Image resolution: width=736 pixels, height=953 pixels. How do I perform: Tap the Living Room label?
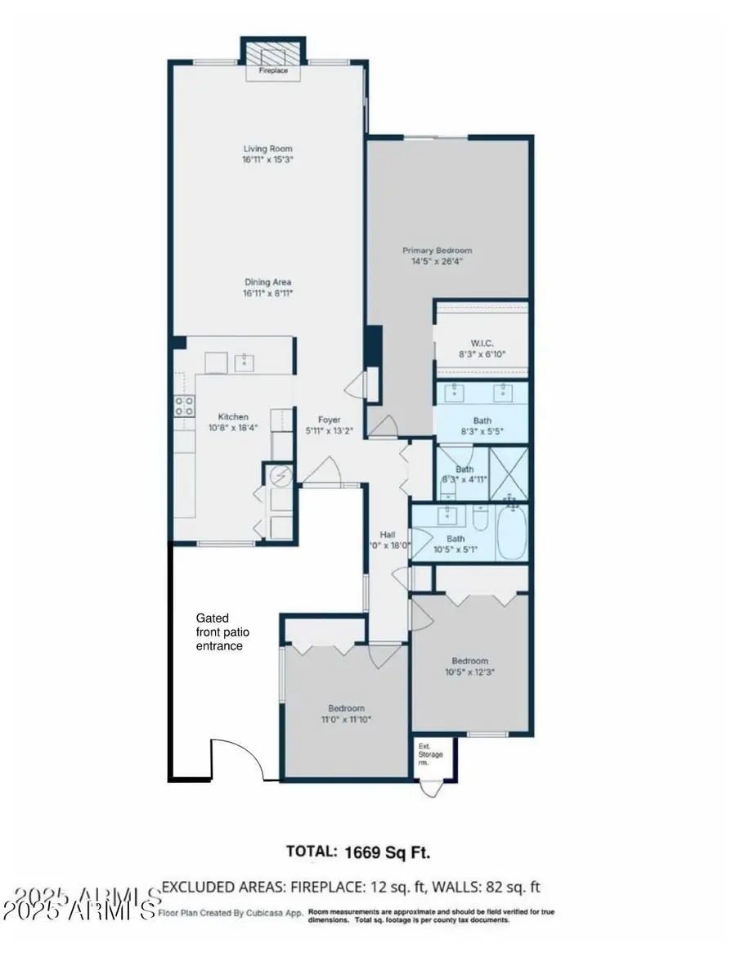coord(267,149)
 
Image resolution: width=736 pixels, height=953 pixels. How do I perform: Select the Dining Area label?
coord(267,282)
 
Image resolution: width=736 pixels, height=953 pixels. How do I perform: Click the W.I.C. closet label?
coord(481,343)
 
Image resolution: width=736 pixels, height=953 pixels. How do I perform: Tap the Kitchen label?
coord(227,416)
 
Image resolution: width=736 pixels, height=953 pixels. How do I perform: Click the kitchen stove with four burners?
coord(185,406)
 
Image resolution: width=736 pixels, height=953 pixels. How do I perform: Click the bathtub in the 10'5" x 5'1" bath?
coord(513,533)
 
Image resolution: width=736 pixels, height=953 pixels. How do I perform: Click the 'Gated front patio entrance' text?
coord(219,632)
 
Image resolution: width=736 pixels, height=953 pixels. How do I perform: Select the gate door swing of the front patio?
coord(237,757)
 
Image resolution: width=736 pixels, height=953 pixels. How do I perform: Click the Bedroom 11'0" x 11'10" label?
coord(347,708)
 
